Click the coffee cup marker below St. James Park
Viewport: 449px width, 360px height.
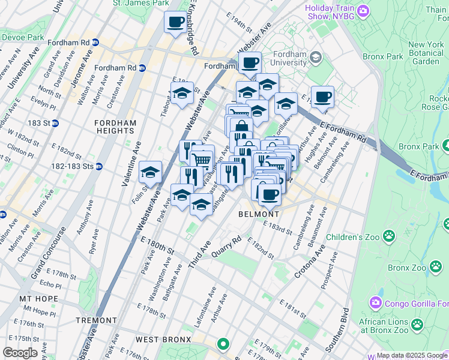(175, 23)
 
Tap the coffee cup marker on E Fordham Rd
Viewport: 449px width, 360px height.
(322, 97)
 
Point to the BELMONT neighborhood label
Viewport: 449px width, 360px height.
(259, 214)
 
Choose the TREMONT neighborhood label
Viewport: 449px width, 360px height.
(96, 321)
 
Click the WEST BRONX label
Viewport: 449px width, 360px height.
(155, 340)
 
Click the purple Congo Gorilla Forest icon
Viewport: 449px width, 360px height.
(376, 301)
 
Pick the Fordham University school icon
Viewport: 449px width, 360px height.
(316, 57)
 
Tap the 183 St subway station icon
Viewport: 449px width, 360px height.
(55, 123)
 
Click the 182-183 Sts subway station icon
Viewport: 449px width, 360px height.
(99, 166)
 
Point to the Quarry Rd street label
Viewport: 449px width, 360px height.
(226, 247)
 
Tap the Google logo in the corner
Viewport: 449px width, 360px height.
(20, 352)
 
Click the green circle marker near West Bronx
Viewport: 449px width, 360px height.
(223, 344)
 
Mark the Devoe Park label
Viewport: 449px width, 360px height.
(22, 37)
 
